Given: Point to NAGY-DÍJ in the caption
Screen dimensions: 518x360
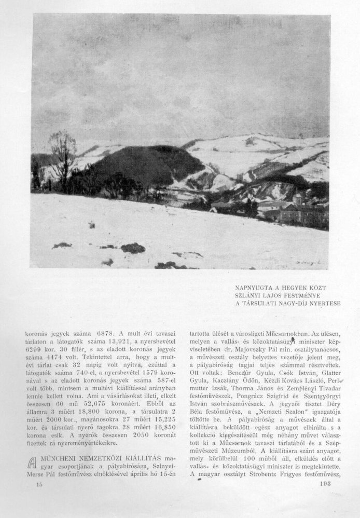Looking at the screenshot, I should click(295, 303).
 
